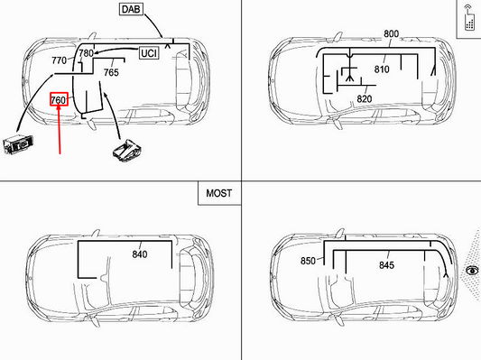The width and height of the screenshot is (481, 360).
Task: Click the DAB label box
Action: pyautogui.click(x=131, y=10)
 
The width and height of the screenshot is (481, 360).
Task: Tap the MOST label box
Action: pyautogui.click(x=218, y=193)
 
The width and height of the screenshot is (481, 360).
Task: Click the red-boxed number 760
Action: pyautogui.click(x=59, y=99)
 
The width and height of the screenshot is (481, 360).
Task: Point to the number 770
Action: pyautogui.click(x=60, y=60)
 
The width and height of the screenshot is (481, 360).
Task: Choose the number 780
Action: pyautogui.click(x=86, y=54)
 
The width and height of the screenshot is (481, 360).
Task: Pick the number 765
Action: pyautogui.click(x=112, y=72)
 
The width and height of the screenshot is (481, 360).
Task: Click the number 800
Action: pyautogui.click(x=391, y=34)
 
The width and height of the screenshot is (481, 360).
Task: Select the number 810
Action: pyautogui.click(x=382, y=69)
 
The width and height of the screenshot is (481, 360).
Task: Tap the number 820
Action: pyautogui.click(x=365, y=98)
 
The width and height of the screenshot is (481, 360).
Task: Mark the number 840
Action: pyautogui.click(x=139, y=254)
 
